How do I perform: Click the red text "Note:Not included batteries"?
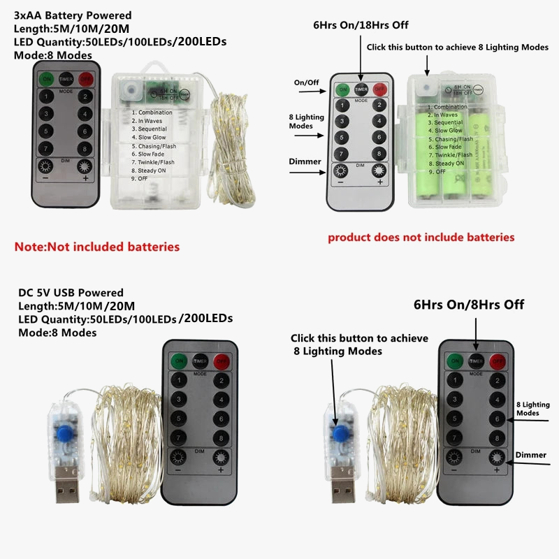click(97, 247)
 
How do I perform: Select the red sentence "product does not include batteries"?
click(421, 238)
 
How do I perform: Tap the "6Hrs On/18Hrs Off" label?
click(361, 25)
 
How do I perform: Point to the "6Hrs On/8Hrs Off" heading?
click(468, 305)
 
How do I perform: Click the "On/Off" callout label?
click(306, 82)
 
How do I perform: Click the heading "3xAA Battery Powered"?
click(73, 15)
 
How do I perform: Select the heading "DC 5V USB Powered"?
click(71, 293)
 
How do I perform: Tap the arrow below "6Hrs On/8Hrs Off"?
click(477, 331)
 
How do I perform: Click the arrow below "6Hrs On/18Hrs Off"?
click(361, 57)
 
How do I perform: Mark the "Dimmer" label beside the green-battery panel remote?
click(305, 161)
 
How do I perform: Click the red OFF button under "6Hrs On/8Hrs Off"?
click(498, 361)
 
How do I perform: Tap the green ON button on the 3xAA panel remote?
click(46, 79)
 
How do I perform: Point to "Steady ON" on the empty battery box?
click(152, 170)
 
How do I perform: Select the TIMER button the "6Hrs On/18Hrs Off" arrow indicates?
click(361, 89)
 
